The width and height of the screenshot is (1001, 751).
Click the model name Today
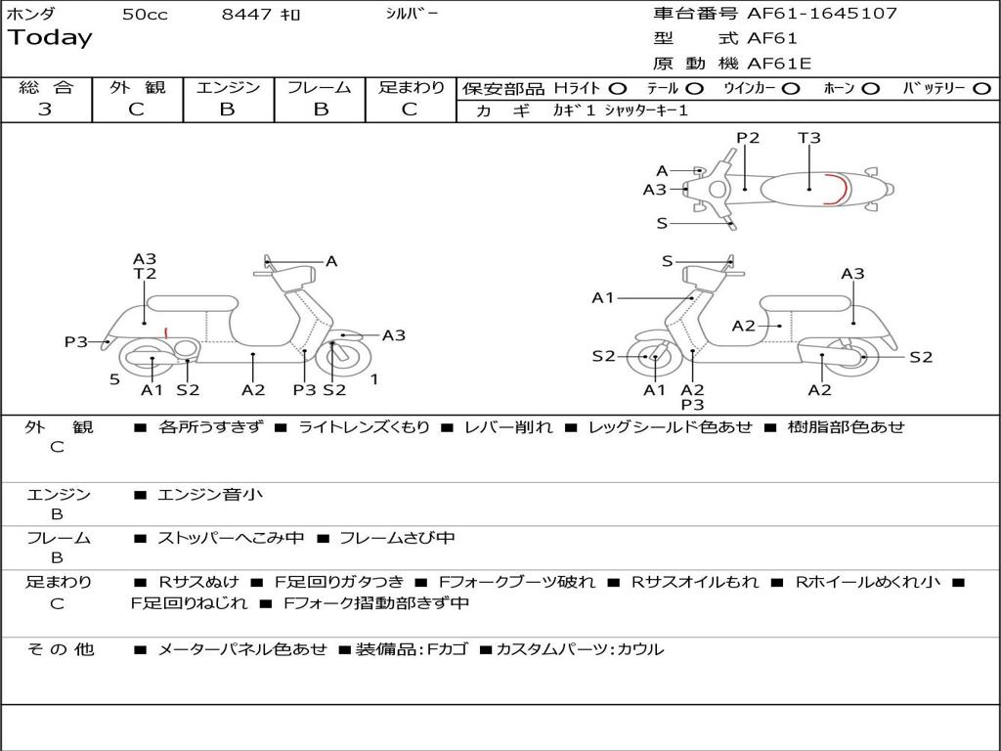(50, 38)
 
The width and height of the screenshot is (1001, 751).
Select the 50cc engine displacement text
(145, 15)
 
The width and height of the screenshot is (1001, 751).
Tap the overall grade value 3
(45, 110)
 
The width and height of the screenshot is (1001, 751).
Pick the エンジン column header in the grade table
(228, 87)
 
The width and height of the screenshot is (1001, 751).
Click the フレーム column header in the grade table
(319, 87)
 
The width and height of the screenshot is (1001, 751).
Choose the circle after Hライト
(618, 89)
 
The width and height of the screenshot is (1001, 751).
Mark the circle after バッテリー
(981, 89)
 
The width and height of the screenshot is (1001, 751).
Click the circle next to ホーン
(870, 89)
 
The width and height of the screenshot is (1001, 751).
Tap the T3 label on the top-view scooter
(809, 138)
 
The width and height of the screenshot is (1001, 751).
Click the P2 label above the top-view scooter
(748, 138)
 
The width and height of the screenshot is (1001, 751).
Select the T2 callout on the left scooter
(145, 275)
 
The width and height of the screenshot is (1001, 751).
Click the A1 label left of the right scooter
(602, 298)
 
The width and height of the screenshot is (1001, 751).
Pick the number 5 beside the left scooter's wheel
(114, 379)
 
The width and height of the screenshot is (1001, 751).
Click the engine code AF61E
(779, 65)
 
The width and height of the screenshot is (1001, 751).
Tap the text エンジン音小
(210, 496)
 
